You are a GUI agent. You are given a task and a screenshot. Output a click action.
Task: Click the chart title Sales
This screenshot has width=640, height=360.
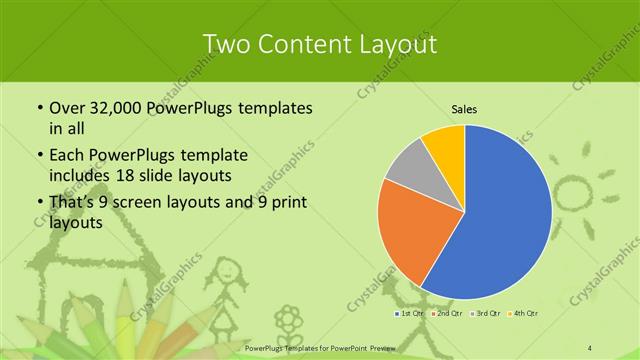pos(464,109)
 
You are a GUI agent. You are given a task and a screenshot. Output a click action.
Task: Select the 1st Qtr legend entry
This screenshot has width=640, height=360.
pos(408,314)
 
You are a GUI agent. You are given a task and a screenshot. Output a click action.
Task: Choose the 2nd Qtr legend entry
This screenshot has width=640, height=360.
pos(446,314)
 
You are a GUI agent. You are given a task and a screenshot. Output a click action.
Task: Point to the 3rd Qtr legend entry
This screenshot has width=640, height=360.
pos(485,314)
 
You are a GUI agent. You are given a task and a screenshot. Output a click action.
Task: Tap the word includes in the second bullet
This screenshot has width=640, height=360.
pos(79,175)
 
